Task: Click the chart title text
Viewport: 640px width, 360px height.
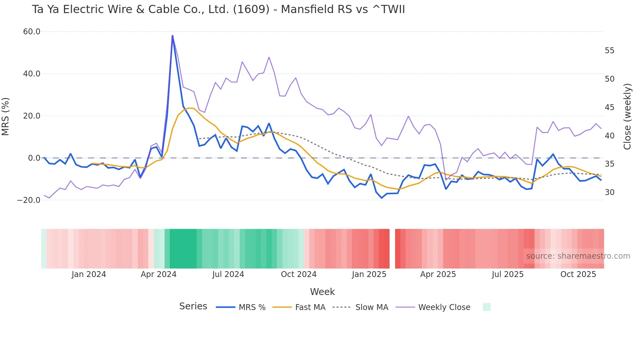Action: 218,9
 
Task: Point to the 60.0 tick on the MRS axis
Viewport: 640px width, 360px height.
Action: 32,32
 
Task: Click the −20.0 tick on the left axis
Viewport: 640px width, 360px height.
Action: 29,200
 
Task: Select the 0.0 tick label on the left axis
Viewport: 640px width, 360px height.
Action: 34,158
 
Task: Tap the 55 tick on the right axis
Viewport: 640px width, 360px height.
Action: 609,51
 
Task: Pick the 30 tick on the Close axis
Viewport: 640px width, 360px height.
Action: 609,192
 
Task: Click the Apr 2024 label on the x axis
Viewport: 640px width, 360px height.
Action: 158,274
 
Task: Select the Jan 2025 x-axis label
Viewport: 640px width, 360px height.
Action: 369,274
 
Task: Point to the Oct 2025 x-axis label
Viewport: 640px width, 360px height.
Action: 578,274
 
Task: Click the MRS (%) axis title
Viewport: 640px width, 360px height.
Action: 6,117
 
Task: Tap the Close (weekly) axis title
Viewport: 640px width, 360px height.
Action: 627,117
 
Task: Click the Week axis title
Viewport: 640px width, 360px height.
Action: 322,292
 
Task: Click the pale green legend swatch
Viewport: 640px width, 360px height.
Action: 487,307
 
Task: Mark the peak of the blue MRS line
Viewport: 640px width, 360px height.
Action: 172,36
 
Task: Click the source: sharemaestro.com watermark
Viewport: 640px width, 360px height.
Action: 578,256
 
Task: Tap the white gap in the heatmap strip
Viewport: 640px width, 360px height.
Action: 392,249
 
